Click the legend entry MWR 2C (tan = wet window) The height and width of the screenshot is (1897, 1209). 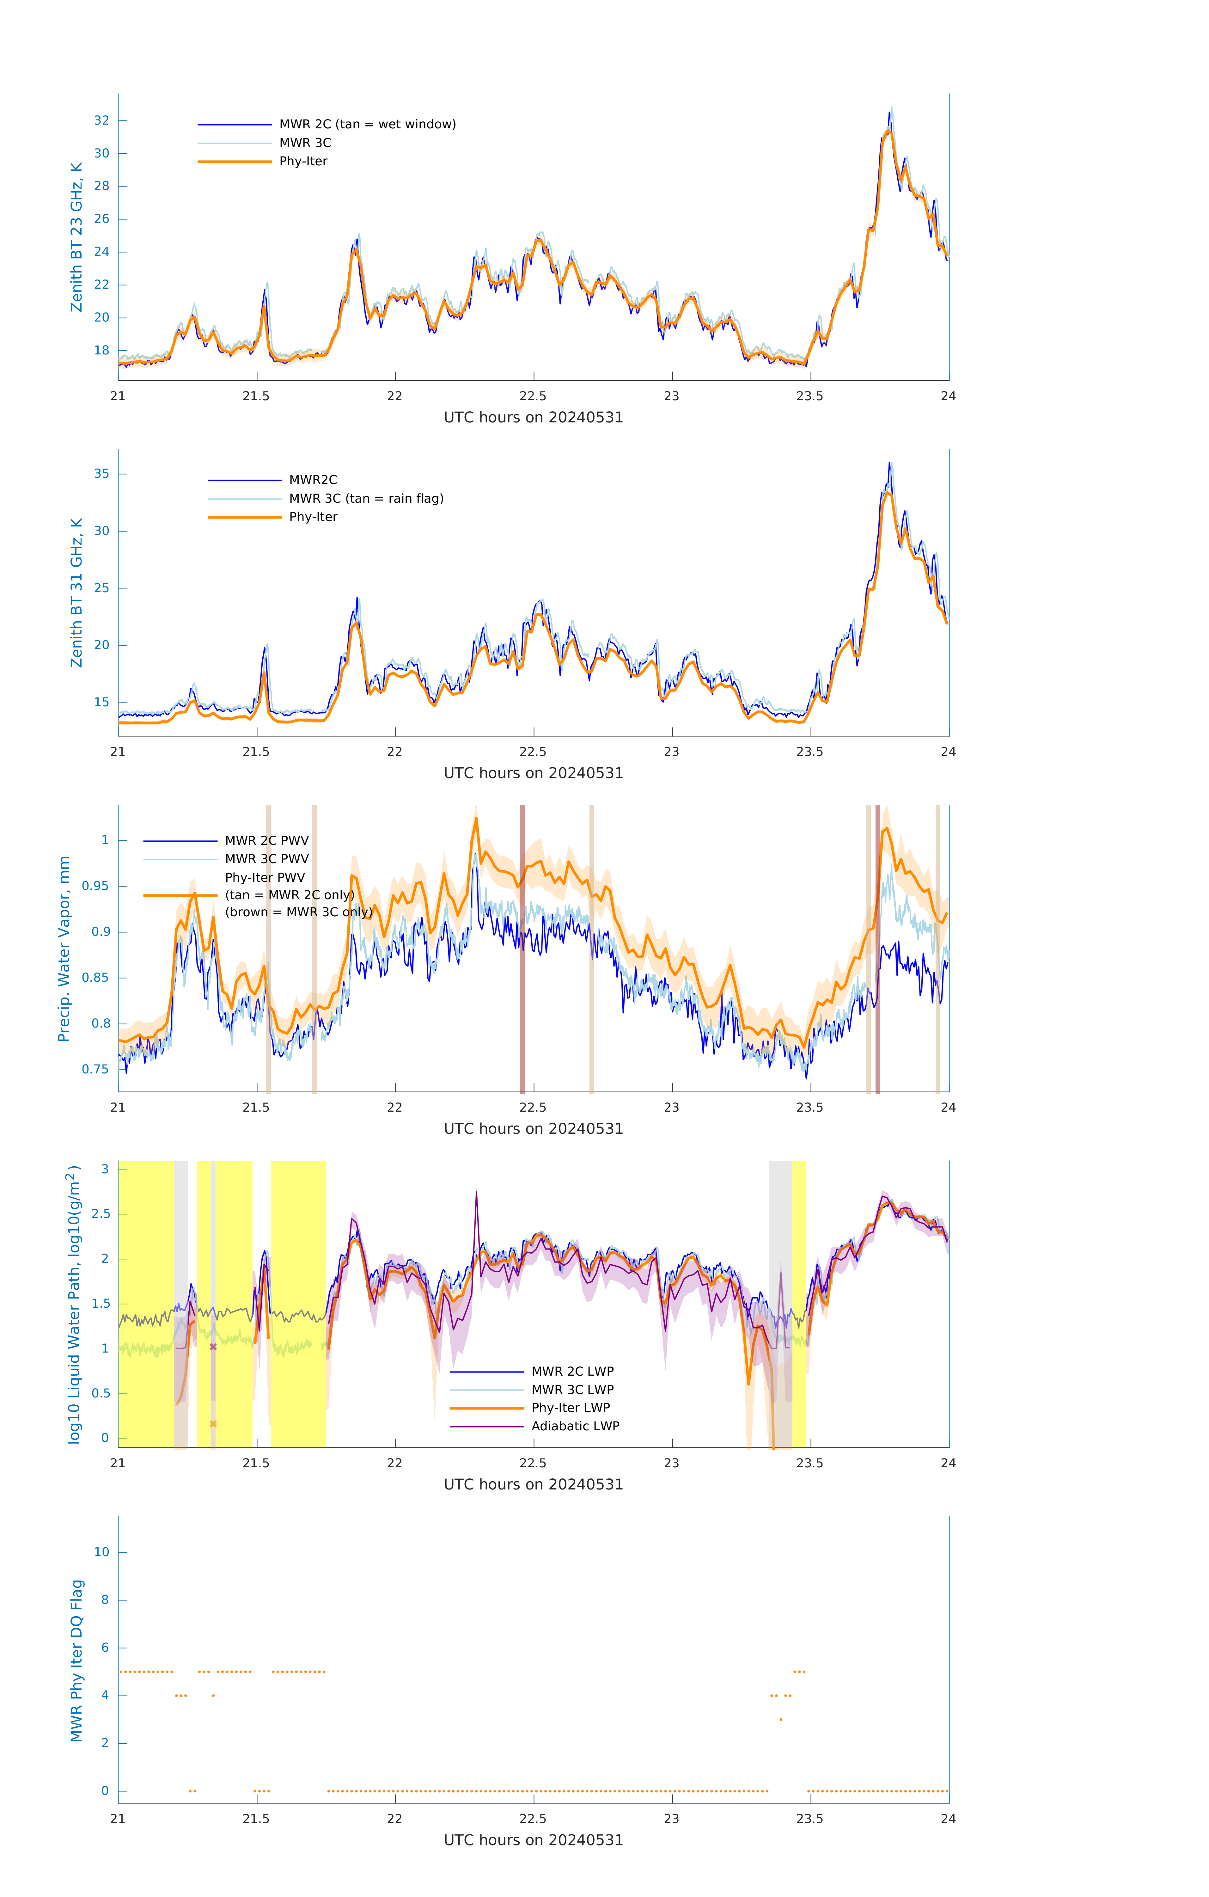point(367,125)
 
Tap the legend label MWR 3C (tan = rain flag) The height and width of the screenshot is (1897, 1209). point(366,499)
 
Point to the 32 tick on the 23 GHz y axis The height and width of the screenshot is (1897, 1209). point(101,120)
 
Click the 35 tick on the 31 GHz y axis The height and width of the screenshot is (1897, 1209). point(101,474)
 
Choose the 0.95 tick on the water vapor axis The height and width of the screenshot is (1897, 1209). point(95,886)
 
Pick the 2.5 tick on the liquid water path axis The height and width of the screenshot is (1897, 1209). point(101,1214)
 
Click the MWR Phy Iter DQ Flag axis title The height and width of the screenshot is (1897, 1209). point(76,1661)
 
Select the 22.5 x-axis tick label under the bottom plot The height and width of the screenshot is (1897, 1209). point(533,1819)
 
